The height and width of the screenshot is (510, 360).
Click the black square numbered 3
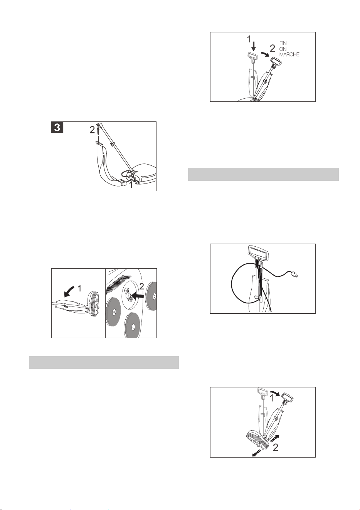coord(57,127)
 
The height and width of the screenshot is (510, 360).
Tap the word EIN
coord(283,43)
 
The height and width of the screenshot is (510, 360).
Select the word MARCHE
coord(289,55)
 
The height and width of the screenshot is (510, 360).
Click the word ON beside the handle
coord(283,49)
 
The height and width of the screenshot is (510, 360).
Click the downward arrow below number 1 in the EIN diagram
coord(254,47)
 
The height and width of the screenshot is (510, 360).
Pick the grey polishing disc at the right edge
coord(151,296)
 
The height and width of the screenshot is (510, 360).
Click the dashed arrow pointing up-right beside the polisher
coord(274,438)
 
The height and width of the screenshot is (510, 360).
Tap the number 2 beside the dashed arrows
coord(275,448)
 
